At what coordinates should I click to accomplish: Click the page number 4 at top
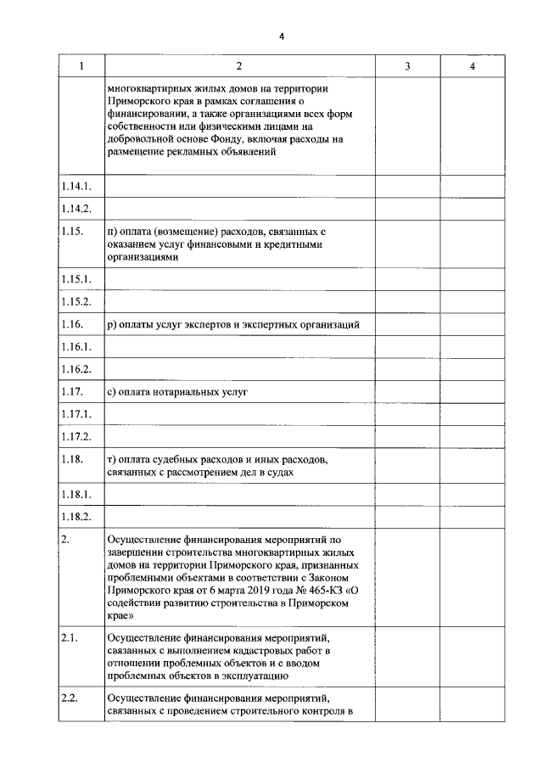coord(283,36)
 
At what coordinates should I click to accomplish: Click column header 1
coord(81,66)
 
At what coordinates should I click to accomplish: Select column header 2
coord(239,66)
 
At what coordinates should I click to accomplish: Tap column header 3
coord(407,66)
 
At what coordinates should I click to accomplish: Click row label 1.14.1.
coord(76,187)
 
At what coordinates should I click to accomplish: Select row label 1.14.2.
coord(76,209)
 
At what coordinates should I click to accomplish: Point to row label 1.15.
coord(73,231)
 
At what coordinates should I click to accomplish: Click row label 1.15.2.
coord(76,301)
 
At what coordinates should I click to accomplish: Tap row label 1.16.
coord(73,324)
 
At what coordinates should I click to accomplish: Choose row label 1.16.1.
coord(76,347)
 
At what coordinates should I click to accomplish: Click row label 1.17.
coord(73,391)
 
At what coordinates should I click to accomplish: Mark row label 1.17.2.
coord(76,436)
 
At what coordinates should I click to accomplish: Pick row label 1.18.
coord(73,459)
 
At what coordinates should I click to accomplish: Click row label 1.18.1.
coord(76,494)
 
